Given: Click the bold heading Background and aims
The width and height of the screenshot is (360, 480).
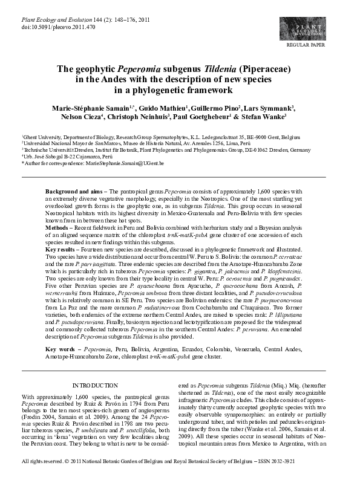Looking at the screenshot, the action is coord(75,191).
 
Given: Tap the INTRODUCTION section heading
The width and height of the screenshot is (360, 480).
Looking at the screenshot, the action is coord(94,385).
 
